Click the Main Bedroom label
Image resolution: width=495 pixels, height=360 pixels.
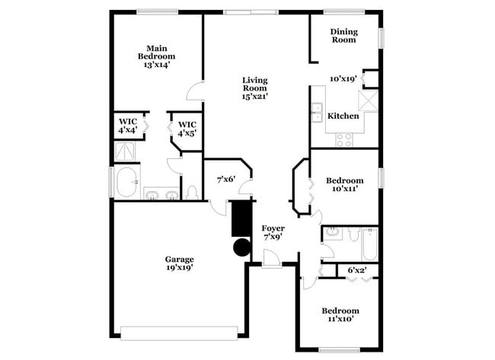(156, 56)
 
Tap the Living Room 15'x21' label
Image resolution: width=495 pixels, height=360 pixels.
(255, 88)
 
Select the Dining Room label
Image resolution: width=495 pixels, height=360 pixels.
(343, 35)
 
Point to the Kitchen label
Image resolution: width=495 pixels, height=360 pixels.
(343, 116)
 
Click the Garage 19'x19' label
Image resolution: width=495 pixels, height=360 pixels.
(180, 263)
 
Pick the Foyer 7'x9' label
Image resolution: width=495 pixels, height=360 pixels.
(273, 232)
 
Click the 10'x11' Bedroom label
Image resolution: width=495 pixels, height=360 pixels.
(344, 185)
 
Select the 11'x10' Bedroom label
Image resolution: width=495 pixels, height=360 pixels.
(339, 315)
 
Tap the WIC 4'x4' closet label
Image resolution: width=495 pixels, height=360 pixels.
(127, 126)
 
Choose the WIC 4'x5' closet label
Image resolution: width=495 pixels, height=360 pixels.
(187, 129)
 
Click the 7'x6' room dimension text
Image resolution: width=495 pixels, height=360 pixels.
(226, 180)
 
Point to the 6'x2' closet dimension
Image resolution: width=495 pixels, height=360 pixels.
(357, 269)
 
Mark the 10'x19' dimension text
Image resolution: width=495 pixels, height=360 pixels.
(343, 78)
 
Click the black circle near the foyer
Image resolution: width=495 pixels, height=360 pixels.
(241, 247)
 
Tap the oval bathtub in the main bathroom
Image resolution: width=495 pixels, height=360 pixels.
(127, 183)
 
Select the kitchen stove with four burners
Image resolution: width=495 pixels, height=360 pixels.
(344, 139)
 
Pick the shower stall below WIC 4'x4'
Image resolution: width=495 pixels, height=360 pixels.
(126, 151)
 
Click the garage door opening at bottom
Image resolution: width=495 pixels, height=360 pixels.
(180, 333)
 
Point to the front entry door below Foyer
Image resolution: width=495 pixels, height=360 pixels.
(271, 263)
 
